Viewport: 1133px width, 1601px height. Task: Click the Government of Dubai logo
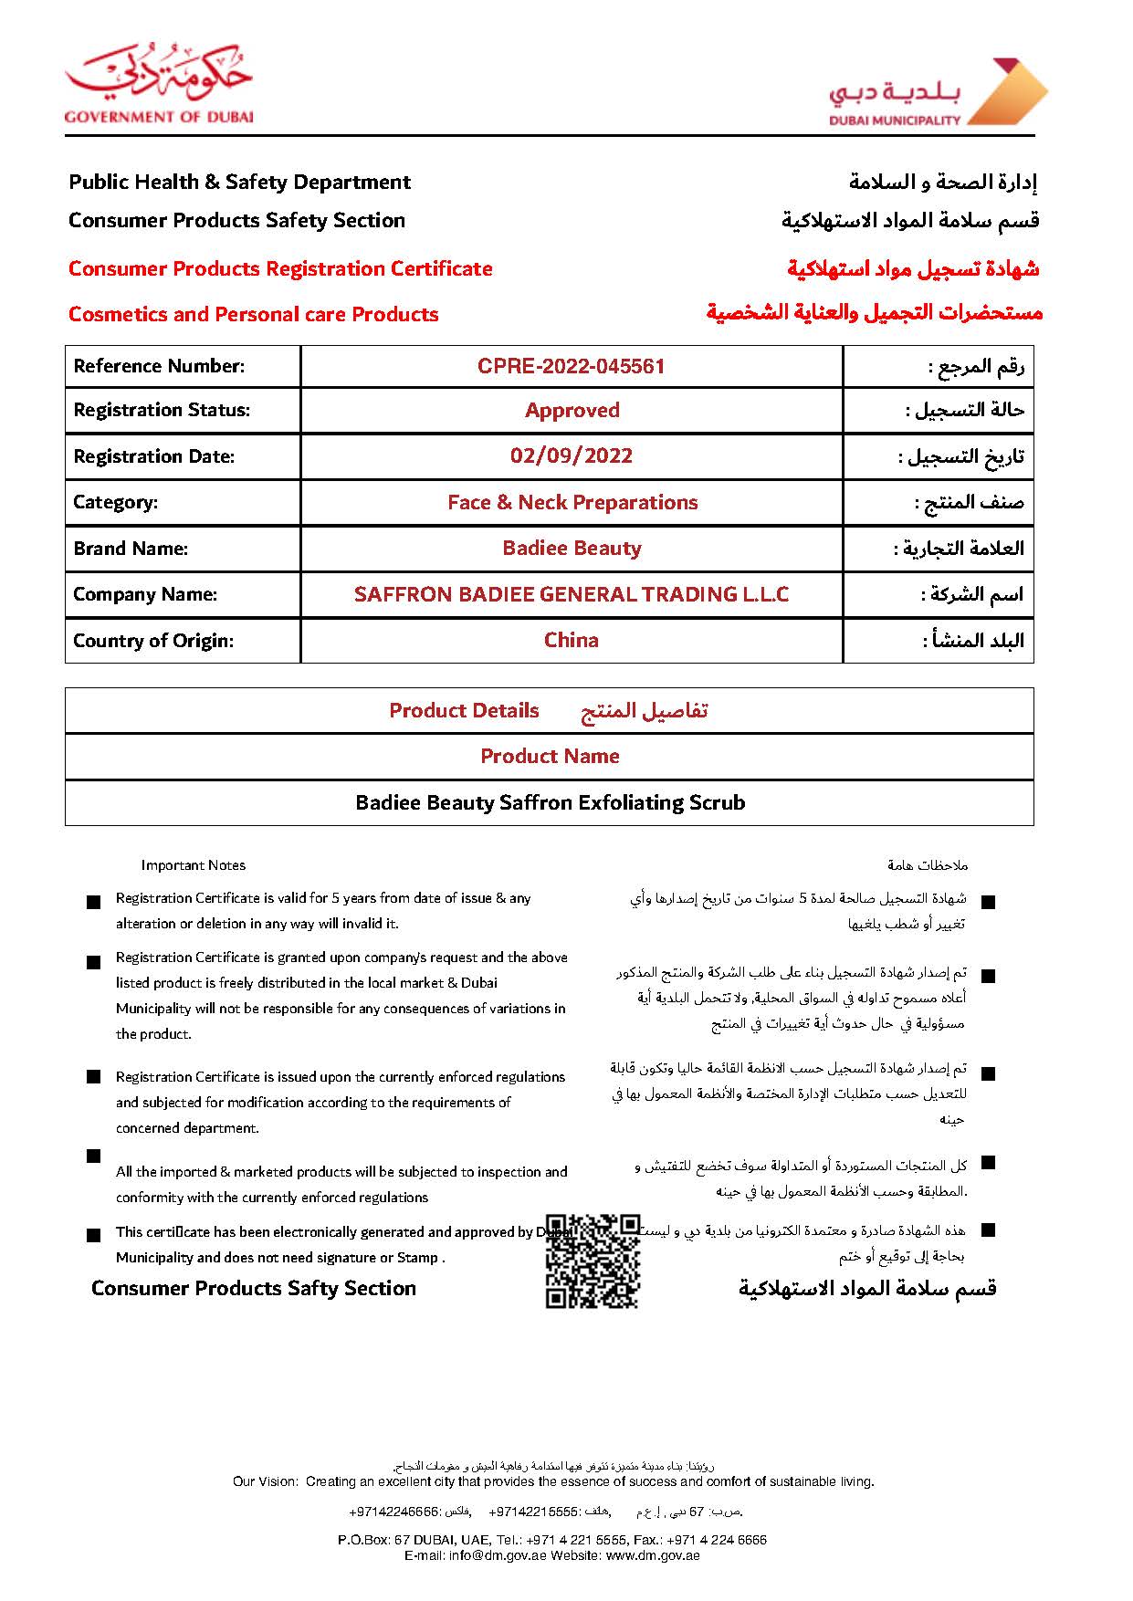(158, 84)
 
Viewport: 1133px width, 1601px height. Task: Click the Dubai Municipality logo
(938, 92)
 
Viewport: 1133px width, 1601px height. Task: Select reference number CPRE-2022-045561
(571, 366)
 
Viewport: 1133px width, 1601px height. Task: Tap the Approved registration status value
(572, 411)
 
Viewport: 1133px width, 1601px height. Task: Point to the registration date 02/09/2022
(572, 455)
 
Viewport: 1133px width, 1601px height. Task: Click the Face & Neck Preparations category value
(572, 502)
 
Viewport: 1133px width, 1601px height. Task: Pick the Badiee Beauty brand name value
(572, 548)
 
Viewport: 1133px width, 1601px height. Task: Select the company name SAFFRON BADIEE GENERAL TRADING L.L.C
(572, 594)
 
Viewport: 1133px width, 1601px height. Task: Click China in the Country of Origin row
(572, 640)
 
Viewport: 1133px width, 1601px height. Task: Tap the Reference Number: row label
(159, 366)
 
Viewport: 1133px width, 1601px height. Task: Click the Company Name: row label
(145, 594)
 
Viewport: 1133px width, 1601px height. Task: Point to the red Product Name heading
(550, 756)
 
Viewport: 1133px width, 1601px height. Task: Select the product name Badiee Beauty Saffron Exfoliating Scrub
(550, 802)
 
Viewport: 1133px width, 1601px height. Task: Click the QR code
(593, 1261)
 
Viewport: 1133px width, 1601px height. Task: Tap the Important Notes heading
(193, 865)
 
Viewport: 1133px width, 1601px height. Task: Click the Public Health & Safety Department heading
(239, 182)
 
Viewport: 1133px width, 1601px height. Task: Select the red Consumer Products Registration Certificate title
(280, 268)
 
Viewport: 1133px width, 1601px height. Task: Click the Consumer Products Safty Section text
(253, 1288)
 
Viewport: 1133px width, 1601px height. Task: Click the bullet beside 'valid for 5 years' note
(93, 902)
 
